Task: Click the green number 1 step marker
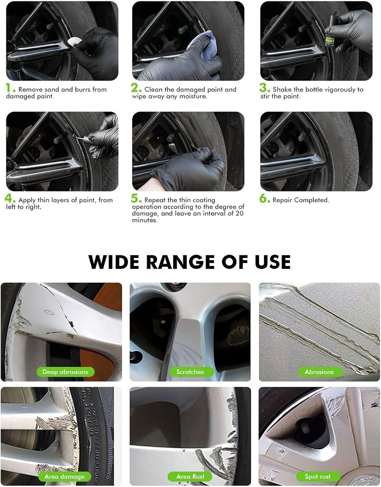[10, 88]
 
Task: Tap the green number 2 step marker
[136, 88]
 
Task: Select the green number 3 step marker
[264, 88]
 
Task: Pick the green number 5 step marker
[136, 199]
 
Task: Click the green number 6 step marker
[264, 199]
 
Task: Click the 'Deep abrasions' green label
[65, 372]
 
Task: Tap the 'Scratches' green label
[190, 372]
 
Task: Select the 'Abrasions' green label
[319, 372]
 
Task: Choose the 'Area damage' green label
[64, 477]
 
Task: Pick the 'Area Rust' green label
[190, 477]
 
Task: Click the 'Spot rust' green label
[318, 477]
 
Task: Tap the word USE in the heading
[273, 262]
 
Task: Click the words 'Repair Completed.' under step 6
[301, 200]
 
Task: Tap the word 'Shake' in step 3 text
[282, 90]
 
